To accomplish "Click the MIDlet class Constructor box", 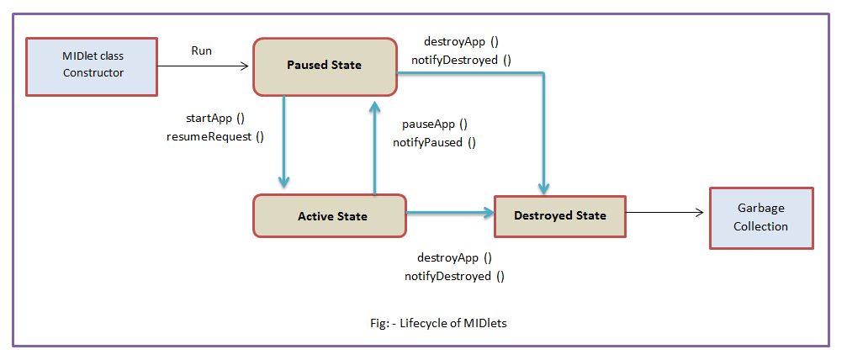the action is (92, 66).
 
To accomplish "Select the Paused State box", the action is (325, 66).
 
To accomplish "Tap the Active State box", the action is (330, 215).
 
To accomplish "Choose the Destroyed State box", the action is (560, 215).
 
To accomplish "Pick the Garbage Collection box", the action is (761, 218).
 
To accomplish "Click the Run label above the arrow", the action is (202, 50).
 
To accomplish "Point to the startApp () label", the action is (215, 118).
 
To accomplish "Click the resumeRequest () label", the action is (215, 137).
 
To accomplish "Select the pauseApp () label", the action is (434, 124).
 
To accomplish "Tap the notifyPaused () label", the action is (434, 143).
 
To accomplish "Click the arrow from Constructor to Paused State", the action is (203, 66).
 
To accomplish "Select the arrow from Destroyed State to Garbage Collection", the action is (665, 213).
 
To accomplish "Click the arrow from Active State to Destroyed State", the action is (451, 213).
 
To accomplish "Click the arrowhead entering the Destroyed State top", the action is (543, 188).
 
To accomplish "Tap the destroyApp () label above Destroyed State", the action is (461, 41).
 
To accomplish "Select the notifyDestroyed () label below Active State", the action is (454, 277).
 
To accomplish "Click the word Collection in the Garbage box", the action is (760, 226).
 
